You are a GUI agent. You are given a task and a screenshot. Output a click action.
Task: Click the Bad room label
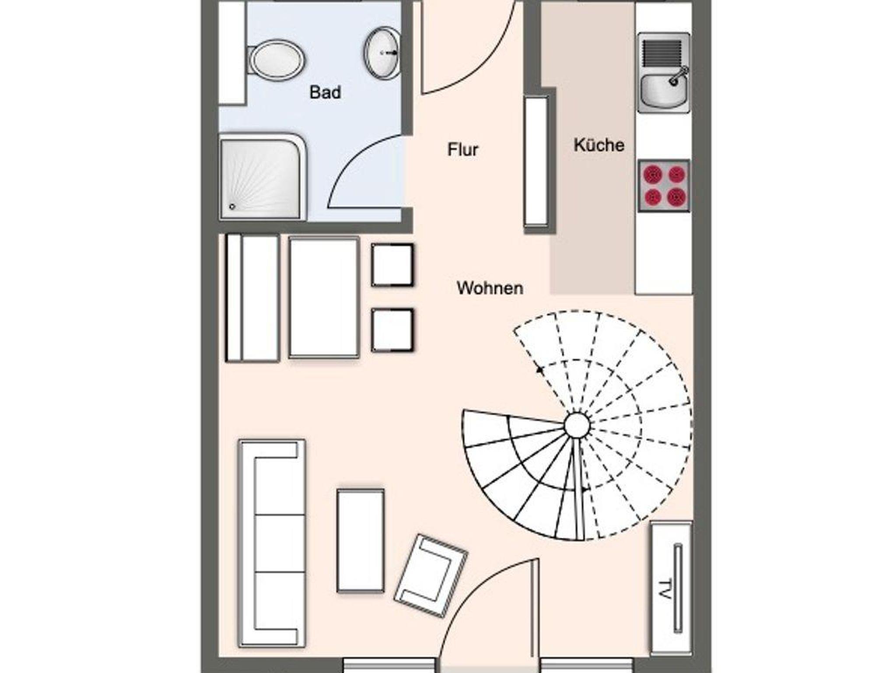click(325, 92)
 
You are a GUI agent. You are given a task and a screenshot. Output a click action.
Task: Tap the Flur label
click(462, 150)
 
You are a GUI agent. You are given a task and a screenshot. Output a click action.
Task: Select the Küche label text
click(599, 145)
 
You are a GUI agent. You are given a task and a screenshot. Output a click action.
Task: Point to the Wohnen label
click(490, 288)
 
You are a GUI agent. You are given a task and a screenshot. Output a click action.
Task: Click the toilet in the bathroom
click(276, 60)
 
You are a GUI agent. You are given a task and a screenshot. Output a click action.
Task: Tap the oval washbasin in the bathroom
click(382, 53)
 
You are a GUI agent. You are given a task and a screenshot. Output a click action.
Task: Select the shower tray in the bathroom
click(262, 176)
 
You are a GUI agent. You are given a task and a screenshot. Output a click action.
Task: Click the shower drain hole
click(232, 207)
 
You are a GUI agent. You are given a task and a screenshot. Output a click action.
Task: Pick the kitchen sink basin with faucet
click(664, 90)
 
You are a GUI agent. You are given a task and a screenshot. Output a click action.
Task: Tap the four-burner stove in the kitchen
click(664, 186)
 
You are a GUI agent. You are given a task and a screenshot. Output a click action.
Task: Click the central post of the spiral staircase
click(577, 424)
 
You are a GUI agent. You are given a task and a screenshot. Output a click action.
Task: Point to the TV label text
click(665, 589)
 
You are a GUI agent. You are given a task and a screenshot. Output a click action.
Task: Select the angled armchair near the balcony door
click(431, 575)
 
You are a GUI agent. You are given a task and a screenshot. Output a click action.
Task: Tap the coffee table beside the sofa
click(361, 540)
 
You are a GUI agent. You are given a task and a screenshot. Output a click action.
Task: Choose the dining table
click(324, 298)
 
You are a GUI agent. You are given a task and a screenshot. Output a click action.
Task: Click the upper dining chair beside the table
click(392, 265)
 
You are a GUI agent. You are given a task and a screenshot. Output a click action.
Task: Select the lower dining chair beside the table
click(392, 330)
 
